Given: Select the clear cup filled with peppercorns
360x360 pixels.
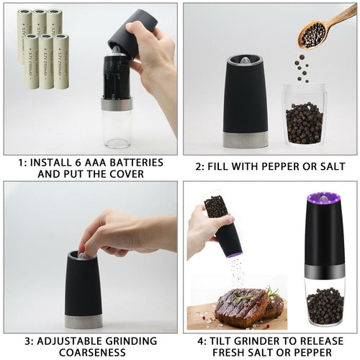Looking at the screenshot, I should click(x=304, y=115).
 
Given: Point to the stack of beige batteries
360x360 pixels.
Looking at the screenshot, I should click(x=42, y=47).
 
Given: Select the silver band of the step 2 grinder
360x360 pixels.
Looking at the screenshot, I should click(x=245, y=138).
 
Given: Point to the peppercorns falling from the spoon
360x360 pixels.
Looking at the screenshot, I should click(x=302, y=68).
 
